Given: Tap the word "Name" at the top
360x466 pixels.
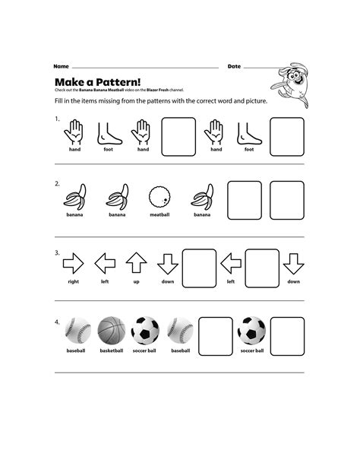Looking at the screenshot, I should [61, 66].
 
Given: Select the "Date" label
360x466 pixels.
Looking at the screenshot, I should [234, 66].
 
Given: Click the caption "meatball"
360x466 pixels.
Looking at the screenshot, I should [160, 214].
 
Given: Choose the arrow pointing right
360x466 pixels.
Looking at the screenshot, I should [73, 264].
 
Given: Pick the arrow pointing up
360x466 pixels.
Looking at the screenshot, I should [136, 263].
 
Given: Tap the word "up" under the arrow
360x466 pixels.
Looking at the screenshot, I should [136, 281].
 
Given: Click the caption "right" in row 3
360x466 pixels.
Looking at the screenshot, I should [73, 281].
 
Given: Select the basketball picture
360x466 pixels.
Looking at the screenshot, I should [111, 331].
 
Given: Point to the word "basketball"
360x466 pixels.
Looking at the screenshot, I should [111, 351].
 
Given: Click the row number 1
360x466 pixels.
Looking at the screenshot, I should [57, 119].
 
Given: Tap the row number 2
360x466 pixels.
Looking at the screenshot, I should [57, 184].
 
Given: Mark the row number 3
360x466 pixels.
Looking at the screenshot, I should [57, 252].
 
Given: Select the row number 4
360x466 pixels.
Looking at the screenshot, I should [57, 321].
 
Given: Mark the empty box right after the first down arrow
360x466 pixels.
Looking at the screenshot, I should [199, 266].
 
